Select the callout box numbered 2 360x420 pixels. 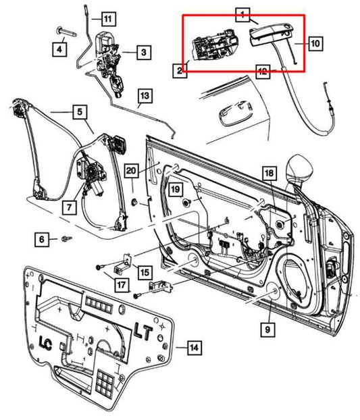(x=180, y=70)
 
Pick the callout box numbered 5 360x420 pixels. (x=79, y=111)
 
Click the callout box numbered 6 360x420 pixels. (x=42, y=239)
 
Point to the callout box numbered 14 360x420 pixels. (x=193, y=348)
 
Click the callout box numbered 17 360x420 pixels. (x=120, y=285)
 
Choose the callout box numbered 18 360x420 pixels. (x=269, y=174)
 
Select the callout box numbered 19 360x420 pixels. (x=174, y=190)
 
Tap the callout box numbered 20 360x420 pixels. (x=150, y=170)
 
